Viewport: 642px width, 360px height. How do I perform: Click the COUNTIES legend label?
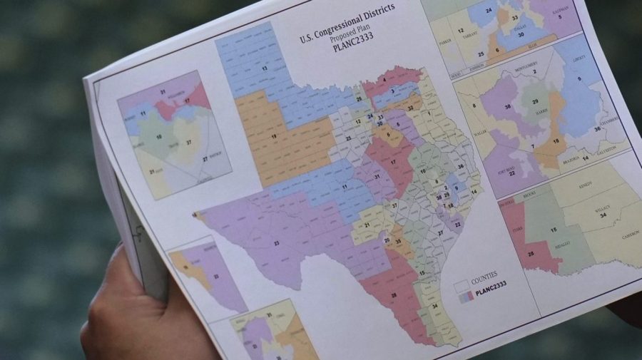point(485,274)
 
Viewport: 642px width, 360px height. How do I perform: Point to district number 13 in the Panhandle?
point(265,68)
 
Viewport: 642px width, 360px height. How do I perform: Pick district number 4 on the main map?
point(384,79)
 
